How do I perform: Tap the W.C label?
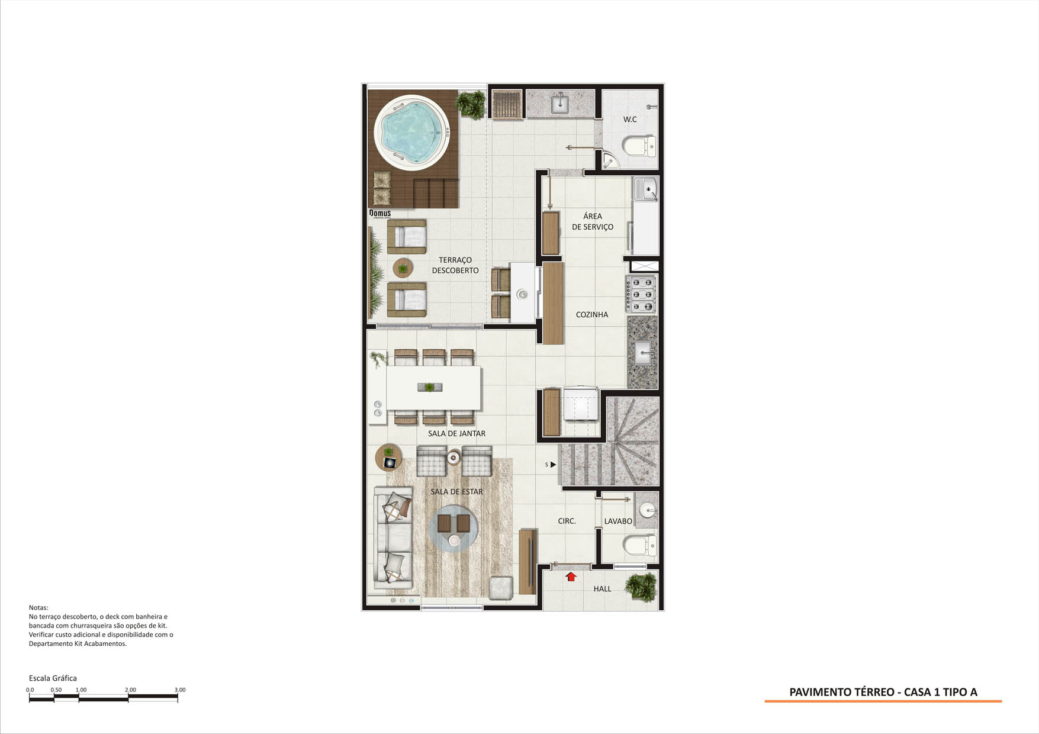(630, 120)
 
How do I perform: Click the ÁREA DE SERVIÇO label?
(593, 221)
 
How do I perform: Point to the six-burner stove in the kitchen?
(641, 294)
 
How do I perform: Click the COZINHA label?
(592, 315)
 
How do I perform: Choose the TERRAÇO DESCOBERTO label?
(455, 265)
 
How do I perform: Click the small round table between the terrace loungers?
(403, 269)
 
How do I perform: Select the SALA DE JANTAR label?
(456, 434)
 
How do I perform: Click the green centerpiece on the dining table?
(429, 387)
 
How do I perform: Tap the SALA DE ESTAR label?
(456, 492)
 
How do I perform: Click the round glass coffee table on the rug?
(453, 529)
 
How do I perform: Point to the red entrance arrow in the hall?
(571, 577)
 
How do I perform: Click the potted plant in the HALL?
(641, 587)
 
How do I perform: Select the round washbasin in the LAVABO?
(648, 508)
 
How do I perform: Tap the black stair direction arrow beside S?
(553, 465)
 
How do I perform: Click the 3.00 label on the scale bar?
(180, 690)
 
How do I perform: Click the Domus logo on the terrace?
(380, 213)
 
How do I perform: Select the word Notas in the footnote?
(38, 608)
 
